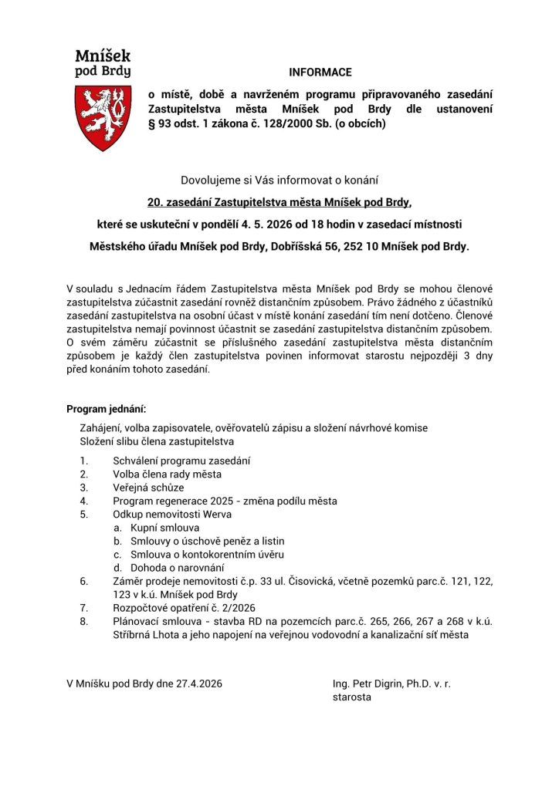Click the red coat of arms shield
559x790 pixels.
(x=103, y=117)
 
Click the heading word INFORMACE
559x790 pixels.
(x=320, y=73)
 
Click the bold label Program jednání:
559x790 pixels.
(x=106, y=409)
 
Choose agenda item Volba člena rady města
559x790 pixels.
(x=167, y=474)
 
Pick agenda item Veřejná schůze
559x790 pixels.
(x=148, y=488)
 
